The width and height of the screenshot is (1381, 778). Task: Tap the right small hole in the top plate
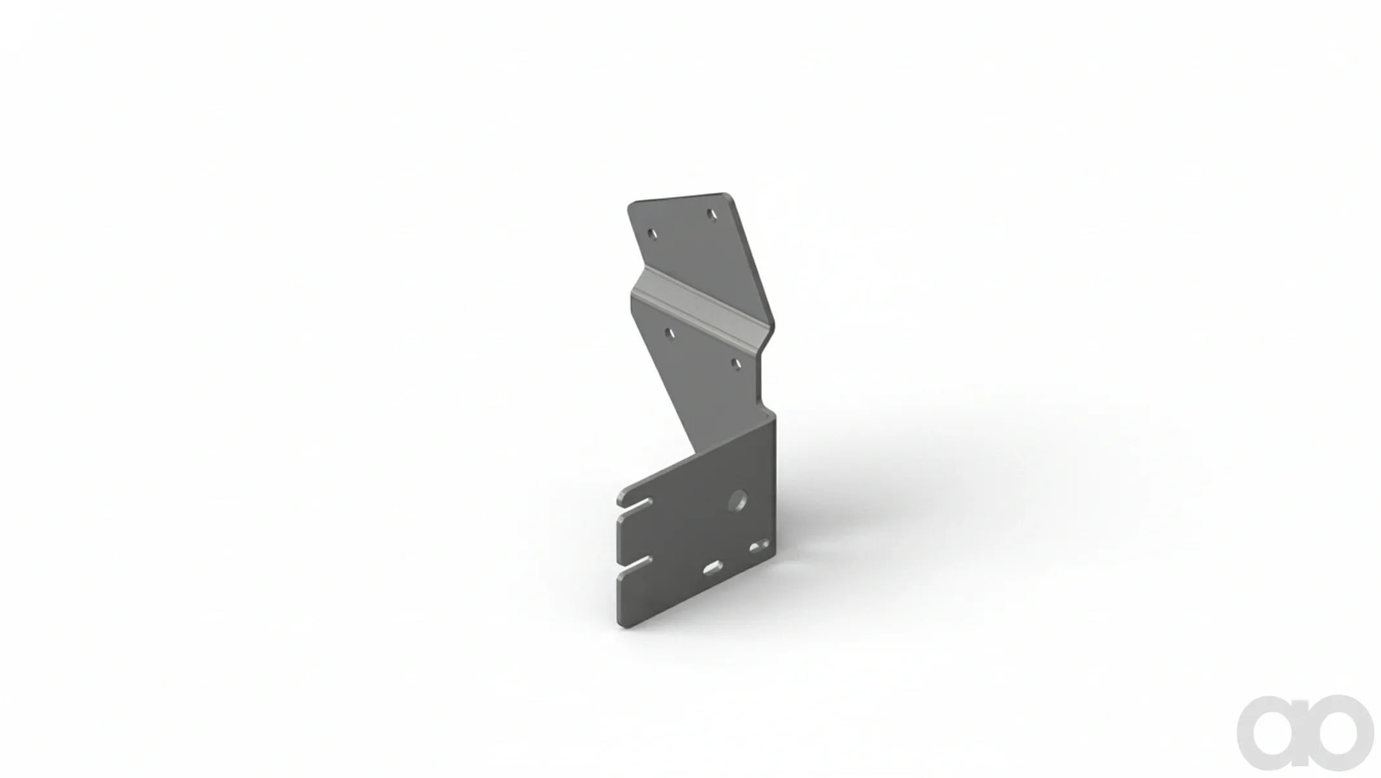click(712, 213)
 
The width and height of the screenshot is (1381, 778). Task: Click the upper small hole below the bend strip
click(670, 333)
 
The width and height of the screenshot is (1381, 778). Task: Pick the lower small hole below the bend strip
click(735, 364)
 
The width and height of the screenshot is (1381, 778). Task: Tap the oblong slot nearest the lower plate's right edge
click(760, 547)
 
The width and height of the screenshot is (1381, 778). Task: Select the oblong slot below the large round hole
click(713, 568)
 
